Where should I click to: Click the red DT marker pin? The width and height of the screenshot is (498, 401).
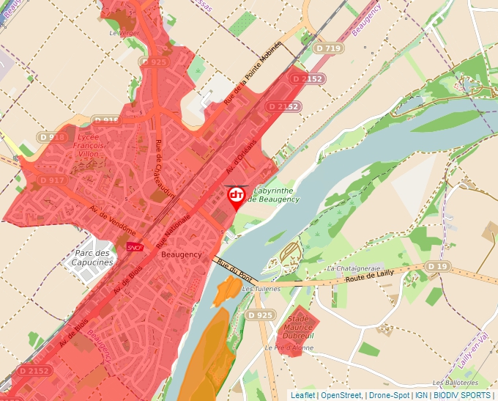coord(237,196)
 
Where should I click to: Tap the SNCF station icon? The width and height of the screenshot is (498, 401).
coord(134,248)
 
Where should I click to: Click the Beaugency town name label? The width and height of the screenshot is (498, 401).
coord(181,254)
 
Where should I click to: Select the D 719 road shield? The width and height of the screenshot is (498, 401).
coord(329,48)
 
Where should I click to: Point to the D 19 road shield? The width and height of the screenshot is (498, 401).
coord(436,265)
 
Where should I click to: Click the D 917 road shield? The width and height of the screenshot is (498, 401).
coord(52,180)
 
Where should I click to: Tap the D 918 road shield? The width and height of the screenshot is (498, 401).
coord(52,137)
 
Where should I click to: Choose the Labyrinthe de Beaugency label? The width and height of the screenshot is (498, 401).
coord(273,194)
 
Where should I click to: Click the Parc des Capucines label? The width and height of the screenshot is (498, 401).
coord(94,258)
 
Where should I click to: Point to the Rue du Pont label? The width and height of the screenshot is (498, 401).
coord(234,269)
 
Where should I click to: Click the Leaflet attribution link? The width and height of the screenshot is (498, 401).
coord(302,395)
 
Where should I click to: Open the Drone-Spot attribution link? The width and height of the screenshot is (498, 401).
coord(390,395)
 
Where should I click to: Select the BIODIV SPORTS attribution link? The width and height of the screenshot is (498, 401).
coord(462,395)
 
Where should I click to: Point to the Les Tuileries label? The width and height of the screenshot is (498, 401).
coord(261,288)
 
